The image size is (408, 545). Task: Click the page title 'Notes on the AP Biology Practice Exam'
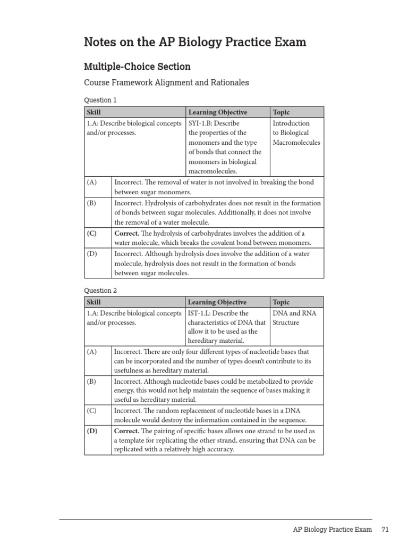[195, 42]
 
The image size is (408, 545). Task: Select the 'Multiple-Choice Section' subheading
[137, 67]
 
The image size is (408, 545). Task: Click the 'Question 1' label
[100, 100]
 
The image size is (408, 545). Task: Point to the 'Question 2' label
[100, 291]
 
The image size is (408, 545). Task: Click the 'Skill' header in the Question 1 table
[93, 112]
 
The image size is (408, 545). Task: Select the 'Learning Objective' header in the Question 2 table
[217, 302]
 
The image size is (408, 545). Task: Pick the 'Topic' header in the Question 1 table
[281, 112]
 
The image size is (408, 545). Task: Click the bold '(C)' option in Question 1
[92, 233]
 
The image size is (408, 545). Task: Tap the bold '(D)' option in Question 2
[92, 431]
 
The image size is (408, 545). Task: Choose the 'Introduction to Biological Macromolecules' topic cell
[296, 133]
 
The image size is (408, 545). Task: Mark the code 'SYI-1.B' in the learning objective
[201, 123]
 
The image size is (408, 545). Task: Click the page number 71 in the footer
[385, 530]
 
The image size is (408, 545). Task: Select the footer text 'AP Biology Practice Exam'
[332, 530]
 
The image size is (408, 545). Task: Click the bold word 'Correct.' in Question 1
[127, 233]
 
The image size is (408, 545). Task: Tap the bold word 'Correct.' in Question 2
[127, 431]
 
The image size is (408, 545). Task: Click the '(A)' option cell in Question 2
[91, 352]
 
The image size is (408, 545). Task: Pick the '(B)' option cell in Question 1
[91, 203]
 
